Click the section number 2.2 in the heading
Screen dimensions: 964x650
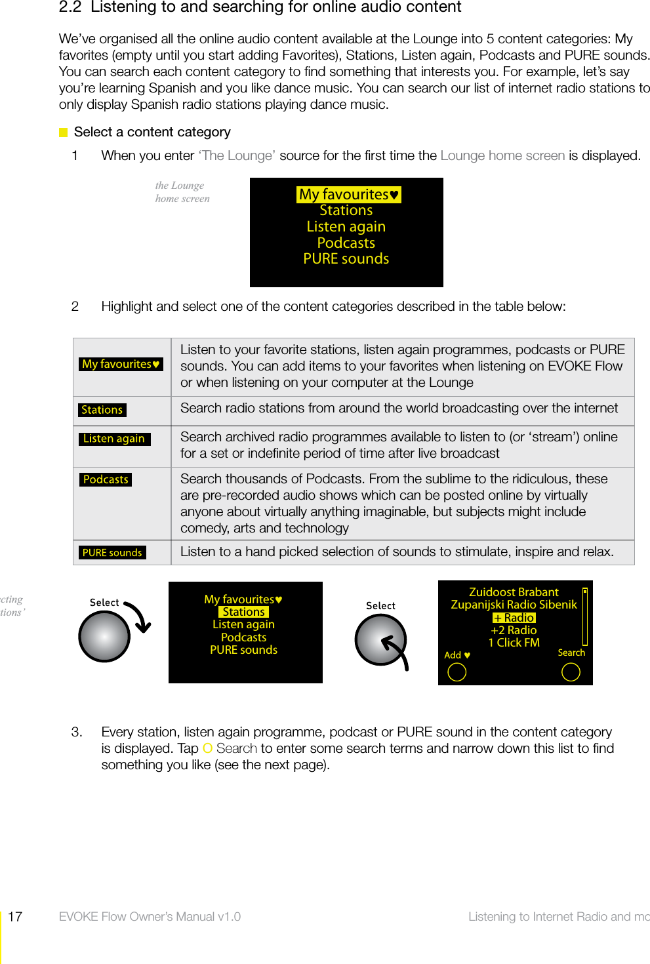tap(70, 7)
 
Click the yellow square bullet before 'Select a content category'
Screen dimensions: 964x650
tap(64, 132)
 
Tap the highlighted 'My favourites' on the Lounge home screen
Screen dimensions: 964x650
tap(348, 195)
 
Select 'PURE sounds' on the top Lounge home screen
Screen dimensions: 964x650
tap(346, 259)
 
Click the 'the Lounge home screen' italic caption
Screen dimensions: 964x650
tap(182, 192)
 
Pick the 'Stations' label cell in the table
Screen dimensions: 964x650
tap(102, 410)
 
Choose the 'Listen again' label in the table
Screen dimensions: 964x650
tap(114, 439)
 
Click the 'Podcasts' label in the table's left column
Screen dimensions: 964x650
tap(106, 479)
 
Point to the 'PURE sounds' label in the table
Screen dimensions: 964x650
tap(112, 553)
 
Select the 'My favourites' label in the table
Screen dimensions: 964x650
tap(121, 364)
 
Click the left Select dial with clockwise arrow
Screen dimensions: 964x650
tap(105, 636)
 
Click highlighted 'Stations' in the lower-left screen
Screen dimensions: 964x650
tap(243, 612)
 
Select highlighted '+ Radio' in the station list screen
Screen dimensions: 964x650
tap(514, 618)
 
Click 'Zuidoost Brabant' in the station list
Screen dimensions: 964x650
tap(514, 592)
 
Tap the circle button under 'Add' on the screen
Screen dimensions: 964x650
tap(457, 672)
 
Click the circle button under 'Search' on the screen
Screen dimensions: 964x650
tap(571, 672)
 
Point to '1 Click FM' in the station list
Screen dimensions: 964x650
tap(514, 643)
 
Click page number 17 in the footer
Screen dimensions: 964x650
tap(15, 917)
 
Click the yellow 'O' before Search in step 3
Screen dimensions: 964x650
tap(207, 748)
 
